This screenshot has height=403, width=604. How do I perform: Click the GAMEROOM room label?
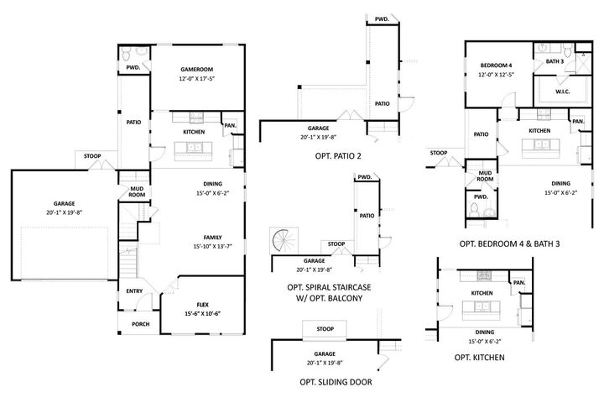tap(197, 70)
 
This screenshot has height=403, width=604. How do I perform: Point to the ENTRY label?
tap(134, 291)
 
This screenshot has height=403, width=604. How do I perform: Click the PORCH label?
tap(141, 323)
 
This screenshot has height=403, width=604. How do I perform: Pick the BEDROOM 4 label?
tap(496, 65)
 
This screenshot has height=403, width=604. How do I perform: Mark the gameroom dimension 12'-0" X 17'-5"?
tap(197, 79)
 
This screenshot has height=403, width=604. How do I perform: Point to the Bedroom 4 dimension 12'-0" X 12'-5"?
tap(496, 75)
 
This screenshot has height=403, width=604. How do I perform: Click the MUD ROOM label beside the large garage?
tap(136, 193)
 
